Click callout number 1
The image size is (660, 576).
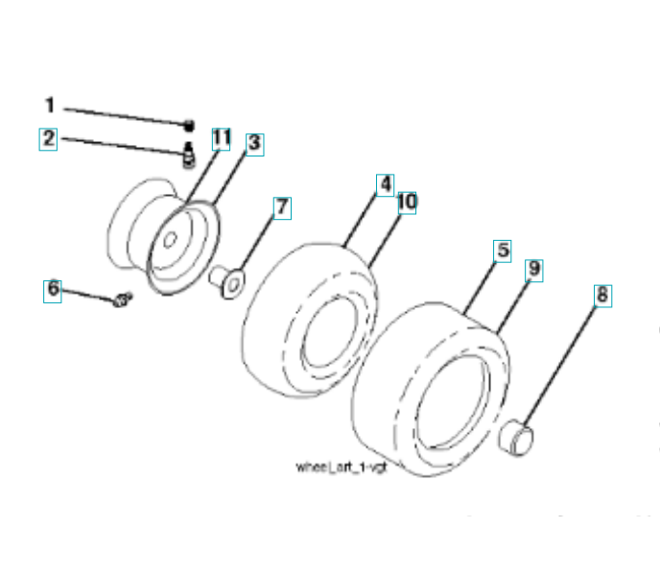tap(50, 106)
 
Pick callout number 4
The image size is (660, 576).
tap(384, 183)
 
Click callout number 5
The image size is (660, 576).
tap(502, 251)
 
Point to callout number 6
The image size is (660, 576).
tap(54, 288)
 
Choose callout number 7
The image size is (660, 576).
tap(281, 206)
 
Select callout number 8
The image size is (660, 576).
tap(601, 295)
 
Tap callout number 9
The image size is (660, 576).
tap(533, 270)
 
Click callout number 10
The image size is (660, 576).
tap(406, 203)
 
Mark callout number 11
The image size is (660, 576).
tap(221, 139)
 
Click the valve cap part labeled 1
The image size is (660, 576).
tap(190, 124)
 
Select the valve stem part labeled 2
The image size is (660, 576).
tap(189, 150)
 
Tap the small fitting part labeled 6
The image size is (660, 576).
tap(121, 301)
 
